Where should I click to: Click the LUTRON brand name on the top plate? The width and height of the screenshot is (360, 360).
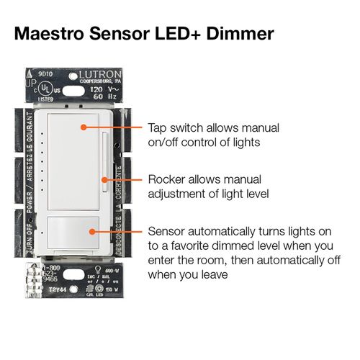[86, 74]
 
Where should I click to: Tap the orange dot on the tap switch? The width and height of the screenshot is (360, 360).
[85, 127]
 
